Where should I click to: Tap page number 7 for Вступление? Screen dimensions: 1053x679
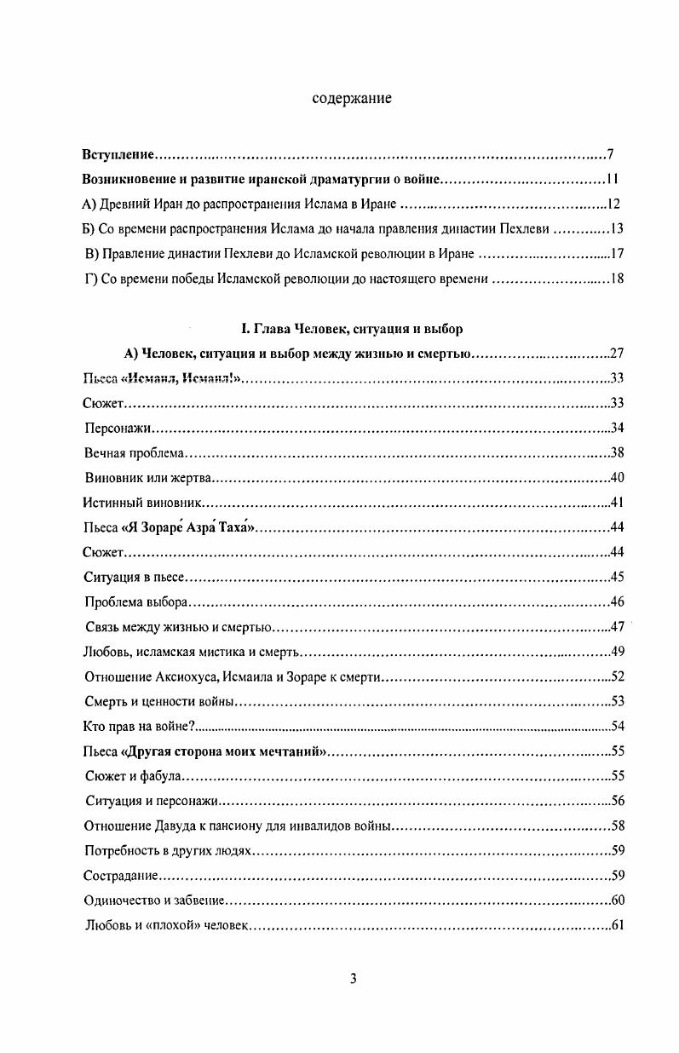(x=611, y=155)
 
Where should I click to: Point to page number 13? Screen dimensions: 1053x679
(x=619, y=229)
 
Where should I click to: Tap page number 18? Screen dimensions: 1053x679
(x=619, y=279)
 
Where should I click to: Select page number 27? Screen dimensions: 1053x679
(x=619, y=354)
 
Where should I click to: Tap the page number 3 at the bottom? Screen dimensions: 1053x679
(x=353, y=979)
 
